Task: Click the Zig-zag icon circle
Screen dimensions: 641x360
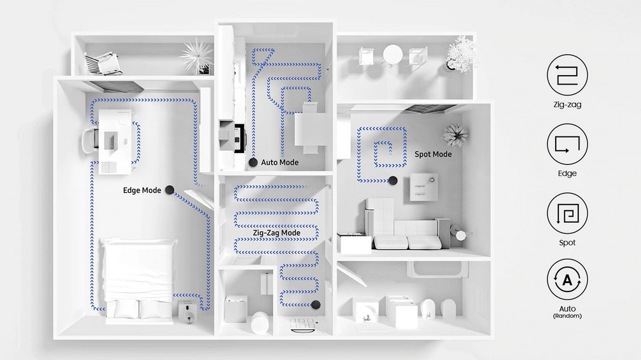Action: [x=567, y=75]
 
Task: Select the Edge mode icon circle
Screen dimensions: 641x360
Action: [x=567, y=144]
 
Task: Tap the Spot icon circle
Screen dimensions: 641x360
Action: [x=567, y=213]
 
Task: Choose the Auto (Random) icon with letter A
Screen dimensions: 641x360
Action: [x=567, y=279]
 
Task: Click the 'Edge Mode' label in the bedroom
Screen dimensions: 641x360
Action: [x=142, y=190]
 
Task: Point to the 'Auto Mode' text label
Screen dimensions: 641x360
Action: [x=279, y=162]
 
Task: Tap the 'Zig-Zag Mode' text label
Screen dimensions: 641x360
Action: [x=276, y=233]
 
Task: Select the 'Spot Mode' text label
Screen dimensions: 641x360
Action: [x=433, y=154]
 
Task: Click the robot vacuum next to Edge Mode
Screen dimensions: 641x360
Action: [x=169, y=190]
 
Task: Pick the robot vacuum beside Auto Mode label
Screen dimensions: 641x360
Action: [x=253, y=162]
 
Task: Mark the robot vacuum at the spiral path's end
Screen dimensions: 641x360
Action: [x=393, y=180]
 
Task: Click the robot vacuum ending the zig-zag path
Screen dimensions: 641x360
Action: [x=315, y=304]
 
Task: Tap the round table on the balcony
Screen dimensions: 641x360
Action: [x=392, y=54]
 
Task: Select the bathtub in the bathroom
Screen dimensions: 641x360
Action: [x=437, y=269]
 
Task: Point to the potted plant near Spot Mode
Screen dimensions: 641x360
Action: [x=455, y=135]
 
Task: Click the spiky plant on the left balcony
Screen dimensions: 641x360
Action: [x=197, y=56]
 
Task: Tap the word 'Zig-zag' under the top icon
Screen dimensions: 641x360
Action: [x=567, y=104]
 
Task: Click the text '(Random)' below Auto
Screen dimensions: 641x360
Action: [x=567, y=316]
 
